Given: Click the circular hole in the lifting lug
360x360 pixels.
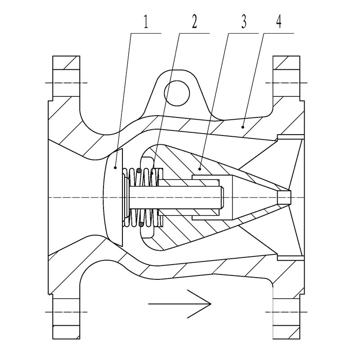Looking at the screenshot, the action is point(177,94).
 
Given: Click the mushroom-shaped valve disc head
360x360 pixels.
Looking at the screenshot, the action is point(113,198).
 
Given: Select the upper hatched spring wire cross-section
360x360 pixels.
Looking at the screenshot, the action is point(139,171).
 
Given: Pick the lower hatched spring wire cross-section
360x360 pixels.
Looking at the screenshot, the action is point(142,224).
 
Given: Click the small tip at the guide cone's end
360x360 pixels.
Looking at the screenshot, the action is point(284,198).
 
